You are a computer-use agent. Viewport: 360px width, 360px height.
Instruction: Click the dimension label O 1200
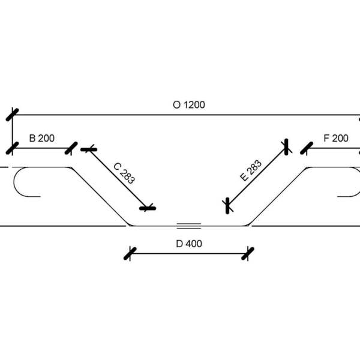tap(189, 104)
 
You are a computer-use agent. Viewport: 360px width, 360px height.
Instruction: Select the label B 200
tap(41, 138)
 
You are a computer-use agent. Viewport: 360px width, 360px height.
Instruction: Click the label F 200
tap(336, 138)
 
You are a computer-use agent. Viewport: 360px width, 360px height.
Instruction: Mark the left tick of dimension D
tap(130, 253)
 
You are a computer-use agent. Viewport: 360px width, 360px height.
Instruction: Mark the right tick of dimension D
tap(245, 253)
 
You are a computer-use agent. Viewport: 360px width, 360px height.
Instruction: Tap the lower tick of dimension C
tap(147, 208)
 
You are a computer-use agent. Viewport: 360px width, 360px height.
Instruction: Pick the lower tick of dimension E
tap(227, 206)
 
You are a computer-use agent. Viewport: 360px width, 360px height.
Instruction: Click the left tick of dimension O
tap(13, 114)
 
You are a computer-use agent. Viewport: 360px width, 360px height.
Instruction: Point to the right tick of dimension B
tap(71, 147)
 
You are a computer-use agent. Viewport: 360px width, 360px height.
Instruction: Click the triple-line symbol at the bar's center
tap(188, 225)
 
